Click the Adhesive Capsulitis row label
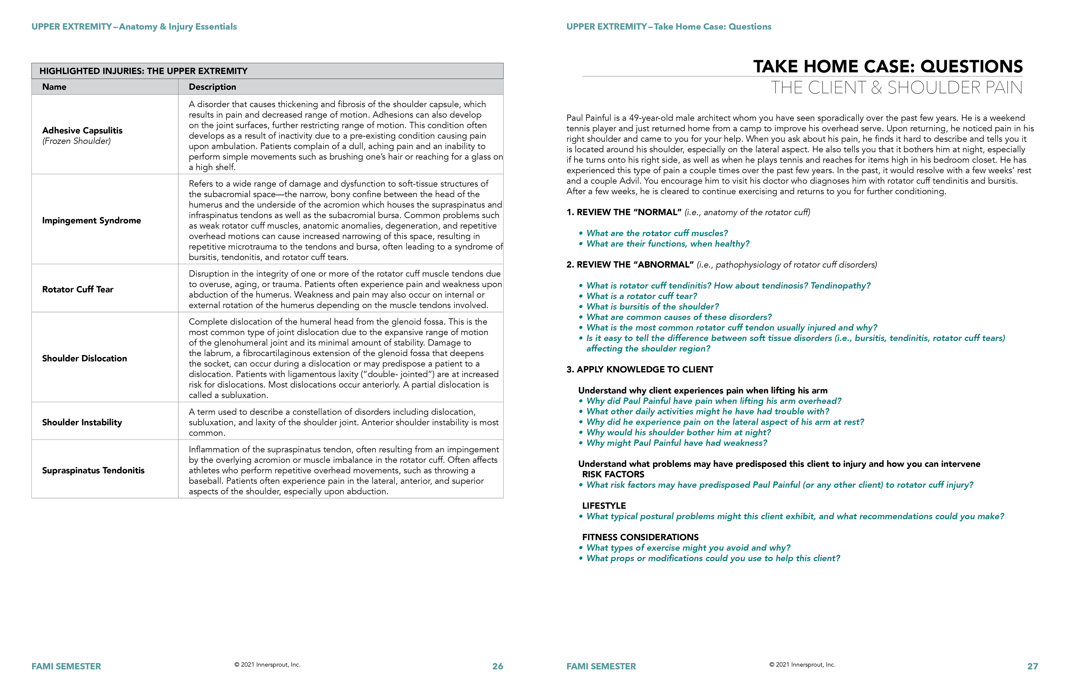[82, 130]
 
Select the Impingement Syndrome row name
[91, 220]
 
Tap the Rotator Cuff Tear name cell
[78, 289]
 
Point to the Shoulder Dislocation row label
[84, 358]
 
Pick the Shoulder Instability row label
[82, 422]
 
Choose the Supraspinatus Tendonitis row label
[93, 470]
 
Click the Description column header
[212, 87]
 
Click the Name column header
[54, 87]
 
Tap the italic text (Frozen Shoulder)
[76, 141]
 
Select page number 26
[497, 666]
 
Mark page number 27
[1032, 666]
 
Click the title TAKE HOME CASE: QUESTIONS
[888, 67]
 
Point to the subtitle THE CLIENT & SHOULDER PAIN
[896, 88]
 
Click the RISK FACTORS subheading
[613, 475]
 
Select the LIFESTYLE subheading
[604, 506]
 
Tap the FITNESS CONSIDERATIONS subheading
[640, 537]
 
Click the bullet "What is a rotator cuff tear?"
[641, 296]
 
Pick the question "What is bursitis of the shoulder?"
[652, 306]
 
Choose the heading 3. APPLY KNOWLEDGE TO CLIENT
[639, 369]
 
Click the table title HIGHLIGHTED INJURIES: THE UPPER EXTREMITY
[144, 71]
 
